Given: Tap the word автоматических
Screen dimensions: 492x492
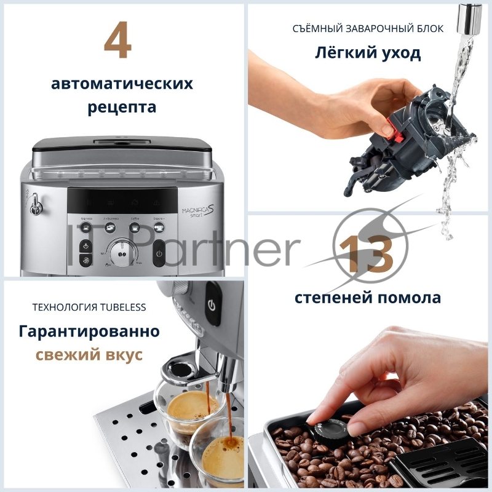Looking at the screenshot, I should [x=122, y=84].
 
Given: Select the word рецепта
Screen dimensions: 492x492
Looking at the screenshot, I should [x=122, y=108].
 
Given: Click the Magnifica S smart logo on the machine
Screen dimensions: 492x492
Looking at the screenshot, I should [x=198, y=207].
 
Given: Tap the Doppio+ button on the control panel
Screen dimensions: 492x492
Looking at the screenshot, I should [x=159, y=226].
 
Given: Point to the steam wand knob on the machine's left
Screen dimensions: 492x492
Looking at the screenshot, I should [x=36, y=204].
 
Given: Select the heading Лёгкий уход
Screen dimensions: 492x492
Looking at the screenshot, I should [x=369, y=54].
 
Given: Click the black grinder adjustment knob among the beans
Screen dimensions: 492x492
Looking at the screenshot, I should [x=333, y=429].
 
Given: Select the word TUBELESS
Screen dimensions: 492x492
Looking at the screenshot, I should [x=122, y=307].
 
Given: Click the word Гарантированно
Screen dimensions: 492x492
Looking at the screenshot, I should [x=90, y=331].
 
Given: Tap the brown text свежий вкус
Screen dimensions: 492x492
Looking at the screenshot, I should [x=90, y=355].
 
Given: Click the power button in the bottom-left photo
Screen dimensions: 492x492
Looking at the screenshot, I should [x=212, y=304].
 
